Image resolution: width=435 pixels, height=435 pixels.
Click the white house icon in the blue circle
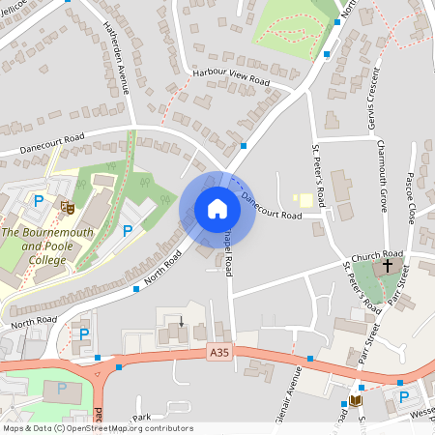click(217, 209)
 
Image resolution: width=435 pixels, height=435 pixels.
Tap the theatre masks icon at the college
click(68, 206)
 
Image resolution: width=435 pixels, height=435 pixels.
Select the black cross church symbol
click(389, 264)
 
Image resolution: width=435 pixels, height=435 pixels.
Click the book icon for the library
click(357, 399)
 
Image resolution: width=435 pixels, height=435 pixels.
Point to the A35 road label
click(220, 355)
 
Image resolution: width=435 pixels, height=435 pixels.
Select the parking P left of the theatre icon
click(40, 201)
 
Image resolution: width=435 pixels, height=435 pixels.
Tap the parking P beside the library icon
click(404, 395)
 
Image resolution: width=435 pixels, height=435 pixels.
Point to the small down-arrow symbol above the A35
click(181, 320)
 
